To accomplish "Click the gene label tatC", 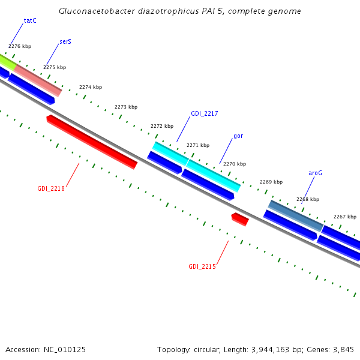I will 30,20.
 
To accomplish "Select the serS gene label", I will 65,43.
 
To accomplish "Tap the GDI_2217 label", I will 204,113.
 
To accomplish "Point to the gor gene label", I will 238,136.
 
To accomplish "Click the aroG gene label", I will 316,173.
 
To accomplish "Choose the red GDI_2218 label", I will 51,188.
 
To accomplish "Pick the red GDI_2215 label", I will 202,266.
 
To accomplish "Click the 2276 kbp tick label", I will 20,46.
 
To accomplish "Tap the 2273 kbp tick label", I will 125,107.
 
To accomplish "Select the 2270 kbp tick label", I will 234,164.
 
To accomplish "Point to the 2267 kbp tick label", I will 345,217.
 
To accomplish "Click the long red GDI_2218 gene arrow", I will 92,142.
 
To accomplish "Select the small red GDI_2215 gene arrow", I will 240,219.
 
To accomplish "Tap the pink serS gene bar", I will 37,80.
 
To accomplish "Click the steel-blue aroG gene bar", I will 295,215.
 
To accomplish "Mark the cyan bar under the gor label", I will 213,175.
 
